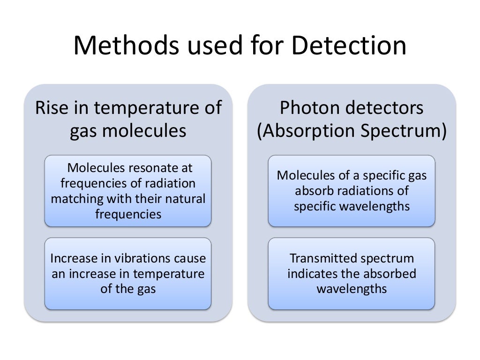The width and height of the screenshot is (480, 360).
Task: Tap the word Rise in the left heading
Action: pyautogui.click(x=52, y=108)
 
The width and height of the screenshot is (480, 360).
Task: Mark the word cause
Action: pyautogui.click(x=190, y=258)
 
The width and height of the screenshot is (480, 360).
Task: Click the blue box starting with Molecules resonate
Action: pyautogui.click(x=128, y=191)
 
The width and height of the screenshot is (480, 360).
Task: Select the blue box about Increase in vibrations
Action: pyautogui.click(x=128, y=274)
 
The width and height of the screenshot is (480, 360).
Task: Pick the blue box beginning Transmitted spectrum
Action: pyautogui.click(x=352, y=274)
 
